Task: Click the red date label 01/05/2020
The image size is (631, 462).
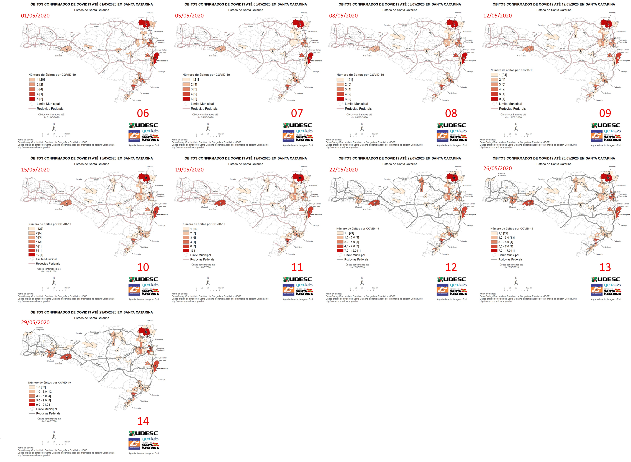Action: (x=35, y=16)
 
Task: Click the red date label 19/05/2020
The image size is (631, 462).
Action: (x=190, y=170)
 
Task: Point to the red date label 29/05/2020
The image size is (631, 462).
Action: (x=35, y=322)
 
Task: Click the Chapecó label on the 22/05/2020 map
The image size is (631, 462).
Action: (x=358, y=207)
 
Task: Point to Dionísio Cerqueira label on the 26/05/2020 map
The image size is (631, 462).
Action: (x=502, y=175)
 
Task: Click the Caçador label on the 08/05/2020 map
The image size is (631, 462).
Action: (x=387, y=25)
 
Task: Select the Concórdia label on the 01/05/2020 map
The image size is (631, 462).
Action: (x=59, y=56)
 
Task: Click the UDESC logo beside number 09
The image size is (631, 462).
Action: (x=606, y=125)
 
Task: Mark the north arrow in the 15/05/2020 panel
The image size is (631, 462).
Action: (x=54, y=281)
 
